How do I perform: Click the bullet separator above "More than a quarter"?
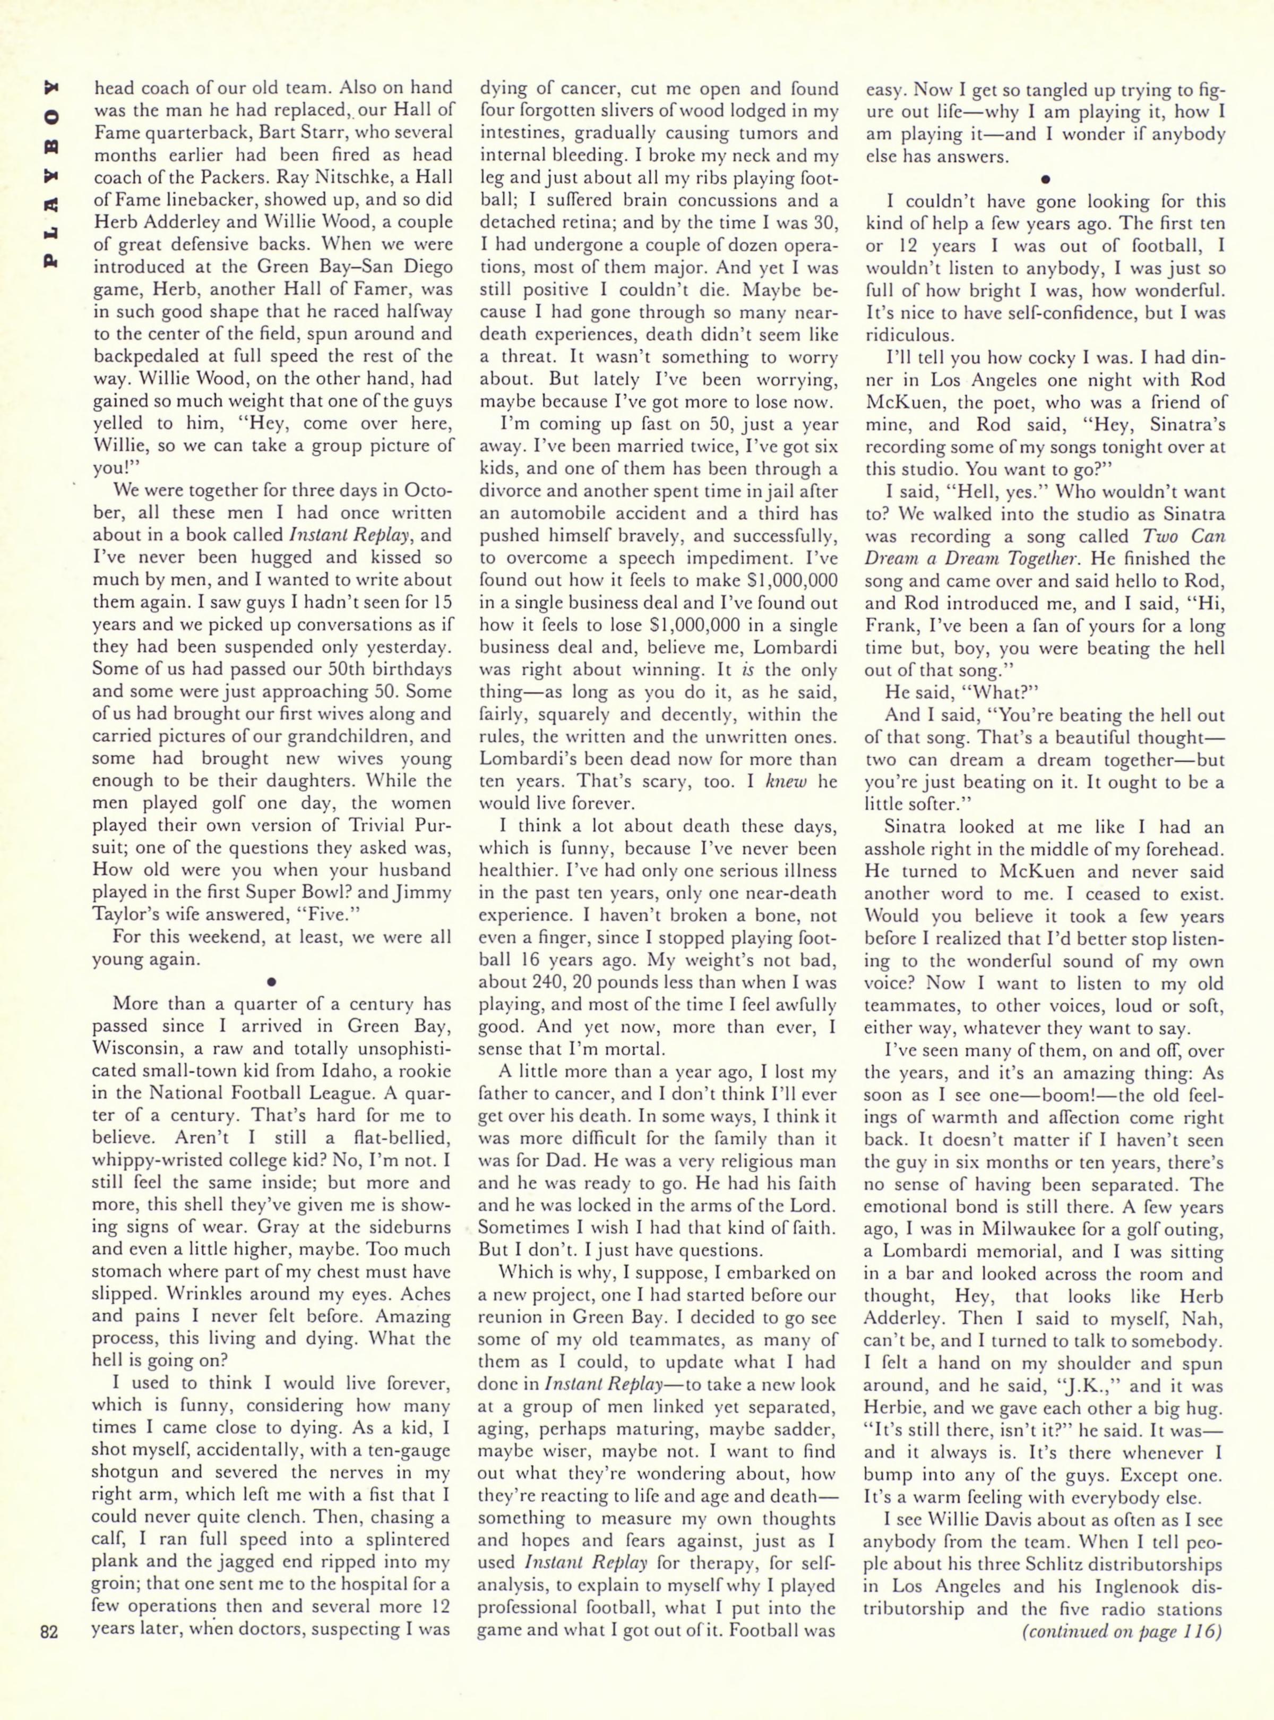pos(271,982)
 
